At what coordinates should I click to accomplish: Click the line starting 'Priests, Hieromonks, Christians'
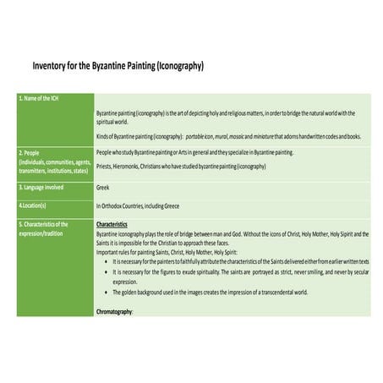(181, 167)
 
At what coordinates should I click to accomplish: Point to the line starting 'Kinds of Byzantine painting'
(228, 136)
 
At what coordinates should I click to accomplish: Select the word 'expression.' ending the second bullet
(124, 282)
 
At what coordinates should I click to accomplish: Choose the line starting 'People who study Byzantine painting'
(194, 152)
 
